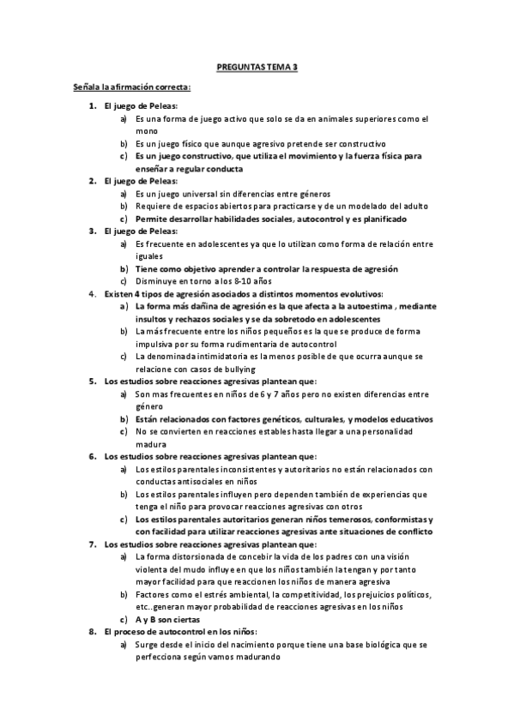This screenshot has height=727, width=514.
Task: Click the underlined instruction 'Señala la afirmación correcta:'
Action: (x=131, y=87)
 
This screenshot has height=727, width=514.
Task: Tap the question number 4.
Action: (x=93, y=294)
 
